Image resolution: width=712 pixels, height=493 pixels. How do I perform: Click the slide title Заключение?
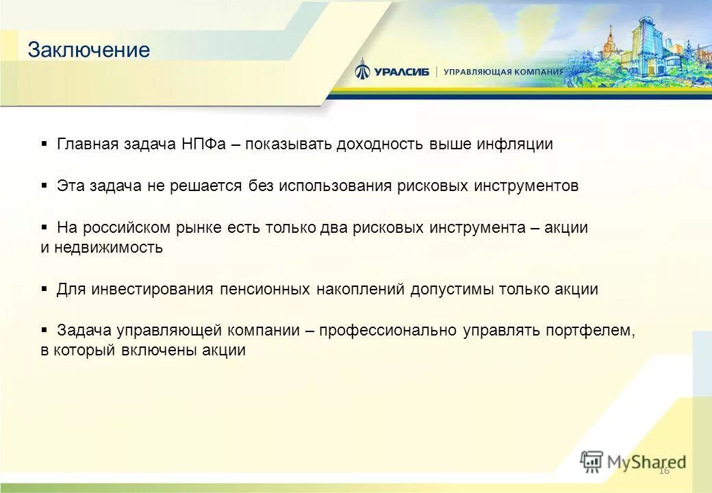pyautogui.click(x=88, y=50)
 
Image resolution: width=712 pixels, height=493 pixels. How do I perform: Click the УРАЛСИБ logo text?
pyautogui.click(x=401, y=71)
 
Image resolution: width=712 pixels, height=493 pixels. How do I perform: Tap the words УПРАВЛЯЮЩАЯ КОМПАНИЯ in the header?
pyautogui.click(x=503, y=71)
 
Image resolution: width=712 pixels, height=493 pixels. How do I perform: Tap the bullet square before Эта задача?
pyautogui.click(x=44, y=186)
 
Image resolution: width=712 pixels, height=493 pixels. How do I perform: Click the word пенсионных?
pyautogui.click(x=265, y=289)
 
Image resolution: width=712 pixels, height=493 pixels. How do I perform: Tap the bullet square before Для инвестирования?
pyautogui.click(x=44, y=289)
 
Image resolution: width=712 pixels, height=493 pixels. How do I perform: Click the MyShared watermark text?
pyautogui.click(x=647, y=462)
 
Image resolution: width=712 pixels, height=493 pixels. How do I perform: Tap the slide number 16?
pyautogui.click(x=663, y=470)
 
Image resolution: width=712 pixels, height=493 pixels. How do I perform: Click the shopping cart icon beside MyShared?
pyautogui.click(x=592, y=462)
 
